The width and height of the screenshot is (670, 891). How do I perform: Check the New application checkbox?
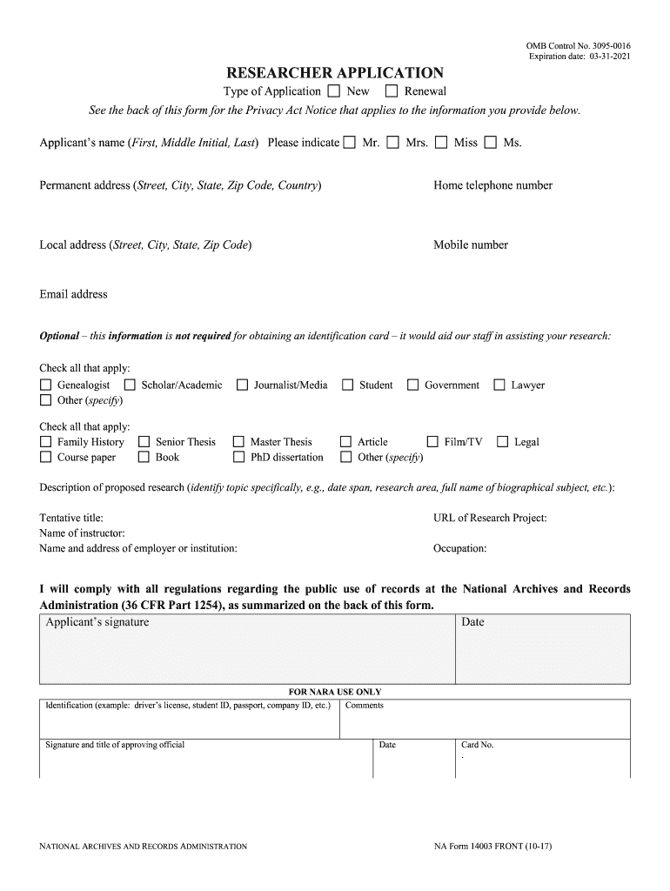[x=334, y=91]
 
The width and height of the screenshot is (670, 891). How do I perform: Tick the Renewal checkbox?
[x=392, y=91]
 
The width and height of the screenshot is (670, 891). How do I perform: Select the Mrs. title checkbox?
[x=393, y=143]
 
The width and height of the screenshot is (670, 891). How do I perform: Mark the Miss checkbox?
[x=441, y=143]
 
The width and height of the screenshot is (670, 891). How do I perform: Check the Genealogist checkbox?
[x=45, y=385]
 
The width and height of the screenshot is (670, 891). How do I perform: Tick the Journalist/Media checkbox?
[x=242, y=385]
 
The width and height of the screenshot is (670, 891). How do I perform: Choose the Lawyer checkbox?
[x=499, y=385]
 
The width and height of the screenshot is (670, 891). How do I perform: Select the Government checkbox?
[x=413, y=385]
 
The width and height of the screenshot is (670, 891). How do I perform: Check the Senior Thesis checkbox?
[x=144, y=442]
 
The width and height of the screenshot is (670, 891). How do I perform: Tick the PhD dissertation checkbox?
[x=238, y=457]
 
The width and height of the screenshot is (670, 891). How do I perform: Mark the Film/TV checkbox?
[x=432, y=442]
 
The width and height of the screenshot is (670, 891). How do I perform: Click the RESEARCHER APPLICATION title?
[x=335, y=73]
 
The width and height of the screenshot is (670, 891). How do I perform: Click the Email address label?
[x=73, y=294]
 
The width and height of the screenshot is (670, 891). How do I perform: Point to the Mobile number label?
[x=470, y=245]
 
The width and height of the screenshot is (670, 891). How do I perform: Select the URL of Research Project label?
[x=490, y=518]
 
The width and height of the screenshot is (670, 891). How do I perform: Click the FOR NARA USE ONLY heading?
[x=335, y=692]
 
